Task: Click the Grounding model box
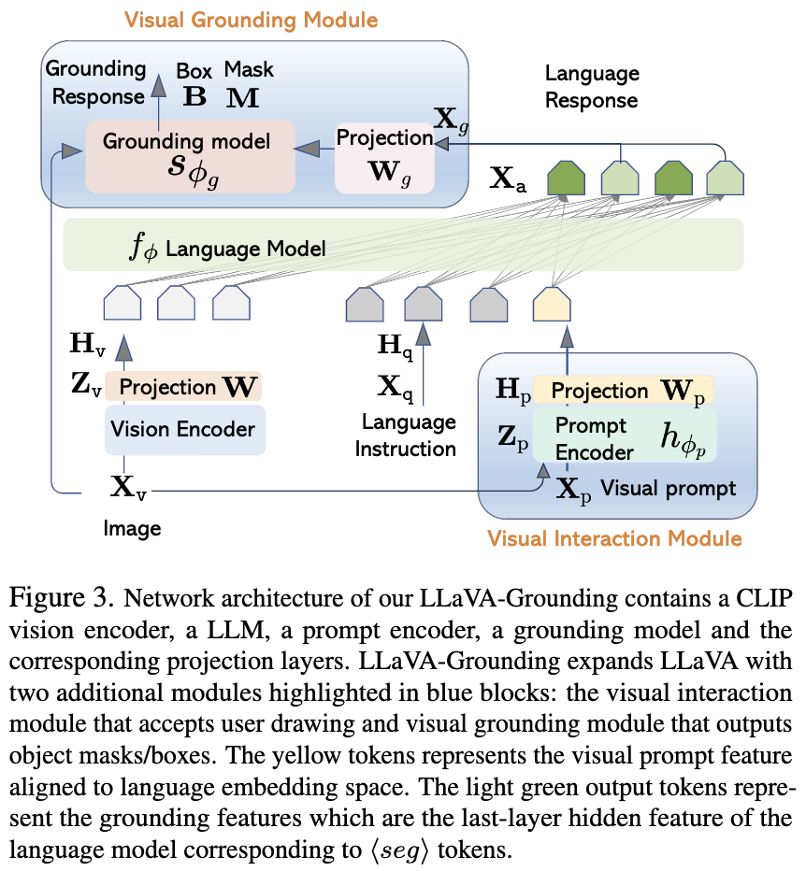pyautogui.click(x=190, y=157)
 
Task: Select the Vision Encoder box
pyautogui.click(x=185, y=429)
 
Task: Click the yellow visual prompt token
pyautogui.click(x=552, y=305)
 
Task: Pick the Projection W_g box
pyautogui.click(x=384, y=158)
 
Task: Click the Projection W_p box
pyautogui.click(x=623, y=391)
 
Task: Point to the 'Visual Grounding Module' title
pyautogui.click(x=252, y=20)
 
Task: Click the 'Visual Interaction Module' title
pyautogui.click(x=614, y=538)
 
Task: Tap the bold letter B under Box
pyautogui.click(x=194, y=96)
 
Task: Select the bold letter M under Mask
pyautogui.click(x=243, y=98)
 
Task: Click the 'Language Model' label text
pyautogui.click(x=245, y=249)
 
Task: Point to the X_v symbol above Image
pyautogui.click(x=128, y=488)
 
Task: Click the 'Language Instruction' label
pyautogui.click(x=406, y=435)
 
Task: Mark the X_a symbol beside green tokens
pyautogui.click(x=508, y=179)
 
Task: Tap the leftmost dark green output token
pyautogui.click(x=566, y=178)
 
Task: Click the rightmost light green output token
pyautogui.click(x=726, y=178)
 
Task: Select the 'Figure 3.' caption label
pyautogui.click(x=61, y=599)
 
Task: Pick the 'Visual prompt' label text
pyautogui.click(x=669, y=488)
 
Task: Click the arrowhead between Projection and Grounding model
pyautogui.click(x=307, y=149)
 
